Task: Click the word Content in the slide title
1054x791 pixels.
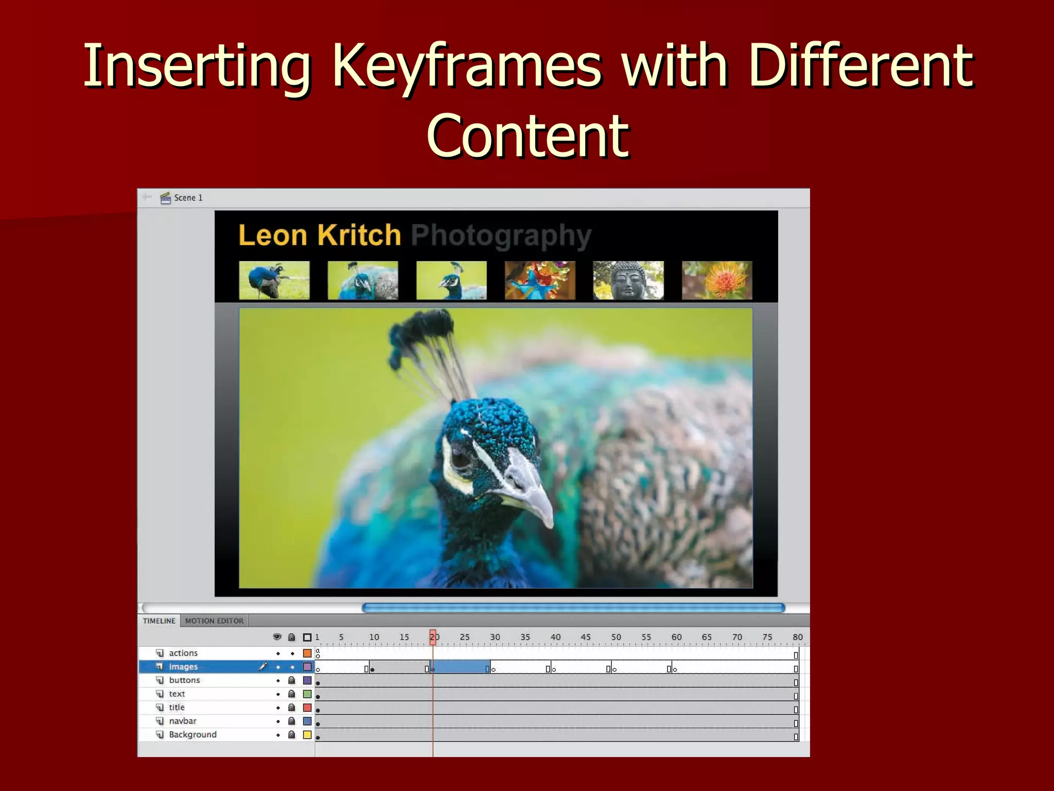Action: [528, 136]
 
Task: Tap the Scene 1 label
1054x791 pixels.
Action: [188, 198]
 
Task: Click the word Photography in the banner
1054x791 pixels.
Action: [501, 235]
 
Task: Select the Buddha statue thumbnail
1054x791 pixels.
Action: [628, 280]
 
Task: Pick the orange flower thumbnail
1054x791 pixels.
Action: [717, 280]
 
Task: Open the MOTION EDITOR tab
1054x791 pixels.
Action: [214, 621]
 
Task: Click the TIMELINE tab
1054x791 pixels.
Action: [159, 621]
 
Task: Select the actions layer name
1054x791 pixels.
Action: [183, 653]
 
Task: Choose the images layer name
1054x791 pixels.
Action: [183, 667]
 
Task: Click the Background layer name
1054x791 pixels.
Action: [192, 734]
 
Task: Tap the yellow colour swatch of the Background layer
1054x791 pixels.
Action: [307, 735]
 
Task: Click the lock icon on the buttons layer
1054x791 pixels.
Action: [291, 680]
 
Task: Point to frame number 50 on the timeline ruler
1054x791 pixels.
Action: [616, 637]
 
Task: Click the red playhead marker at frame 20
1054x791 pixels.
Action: [433, 637]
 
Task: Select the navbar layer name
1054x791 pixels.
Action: [183, 721]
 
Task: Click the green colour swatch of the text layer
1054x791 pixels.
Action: [307, 694]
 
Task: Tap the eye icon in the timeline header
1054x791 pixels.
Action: [277, 637]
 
